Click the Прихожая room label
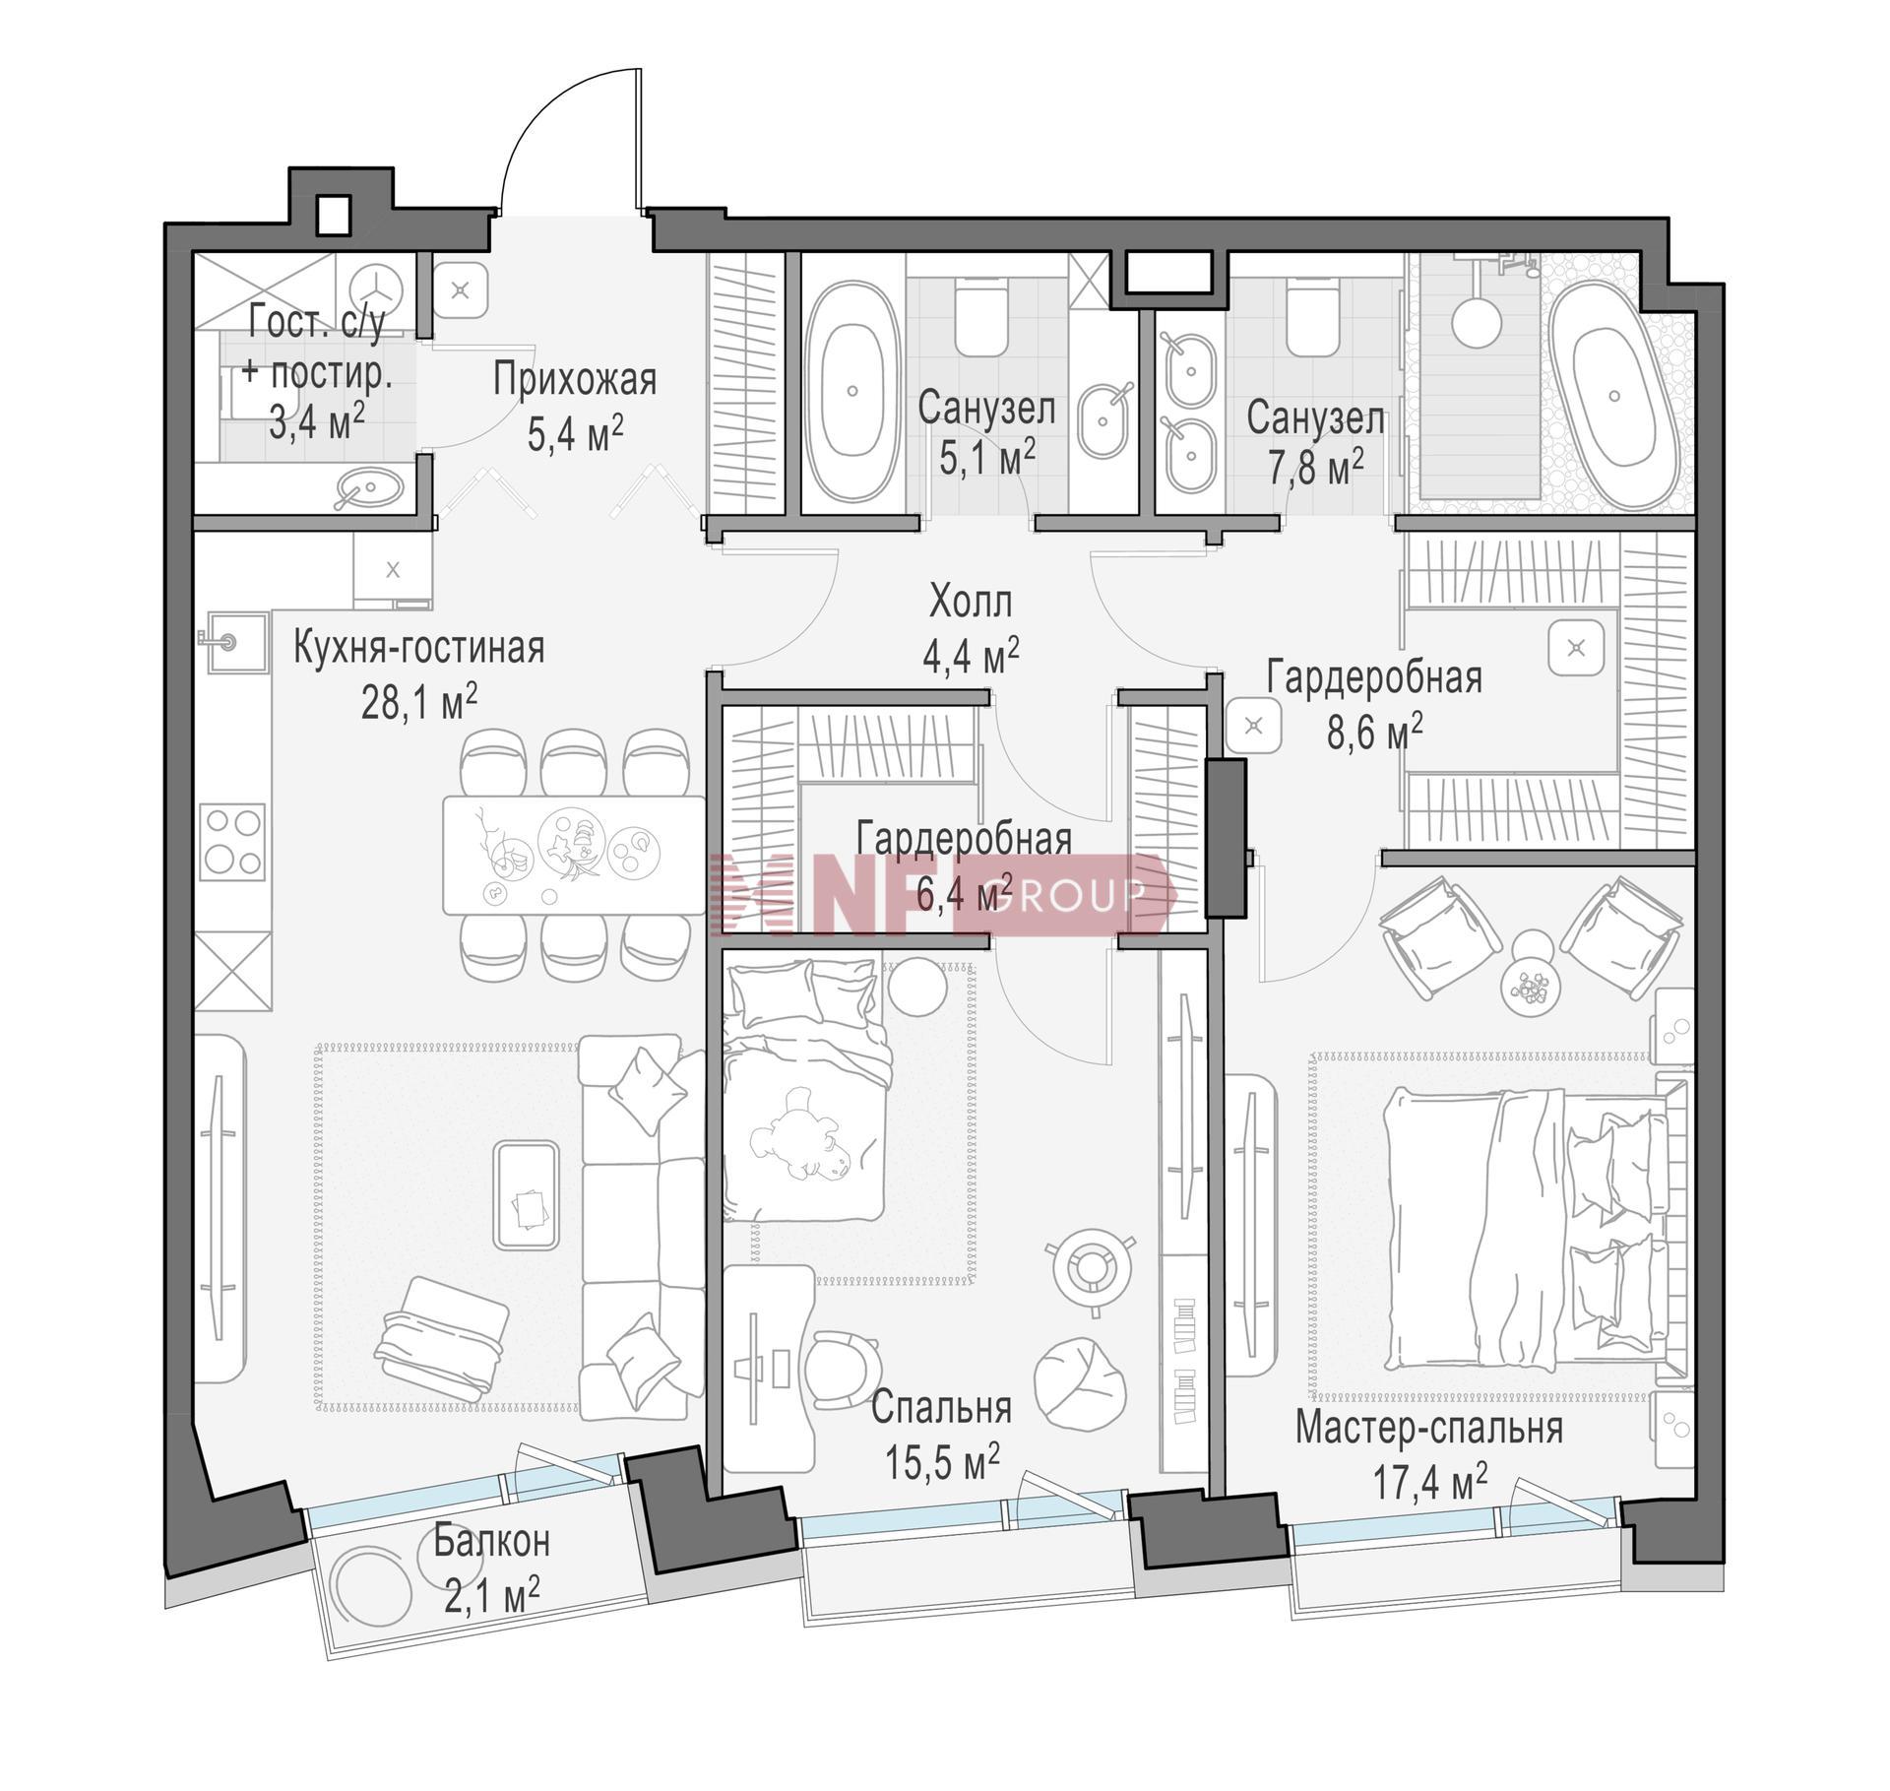575,379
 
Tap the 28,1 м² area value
419,702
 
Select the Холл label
971,602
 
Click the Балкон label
492,1541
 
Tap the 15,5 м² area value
942,1460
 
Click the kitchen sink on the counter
236,642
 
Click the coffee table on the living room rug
527,1195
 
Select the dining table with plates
574,855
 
